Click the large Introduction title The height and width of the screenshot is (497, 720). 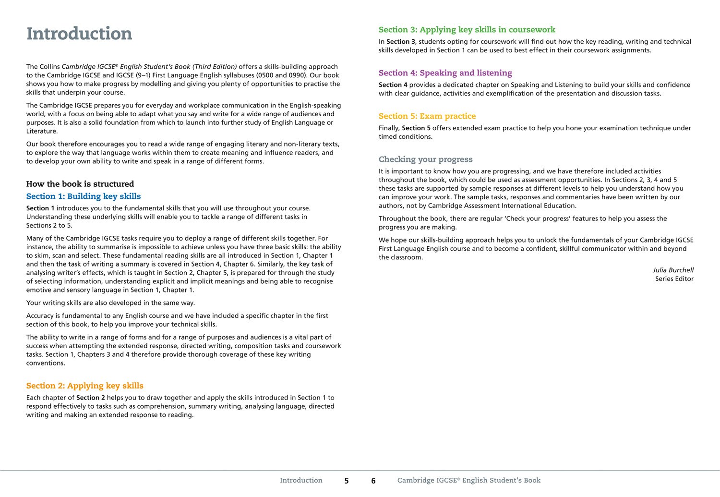point(79,34)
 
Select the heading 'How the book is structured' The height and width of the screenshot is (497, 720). point(80,184)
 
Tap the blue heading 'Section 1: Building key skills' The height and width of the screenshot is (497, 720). point(84,196)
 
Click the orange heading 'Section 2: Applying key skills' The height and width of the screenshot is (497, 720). point(85,386)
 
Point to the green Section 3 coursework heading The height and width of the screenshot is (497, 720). point(467,30)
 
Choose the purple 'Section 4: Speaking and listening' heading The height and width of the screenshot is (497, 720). point(445,73)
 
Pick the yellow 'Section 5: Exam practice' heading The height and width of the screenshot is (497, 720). point(427,116)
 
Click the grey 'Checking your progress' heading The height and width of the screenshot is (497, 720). point(425,159)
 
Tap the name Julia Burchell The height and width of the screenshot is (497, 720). point(673,270)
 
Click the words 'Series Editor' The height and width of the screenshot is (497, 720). point(674,279)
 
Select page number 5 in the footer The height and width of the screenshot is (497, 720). point(347,481)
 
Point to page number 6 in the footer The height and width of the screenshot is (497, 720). point(373,481)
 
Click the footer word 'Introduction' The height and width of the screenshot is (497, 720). point(301,480)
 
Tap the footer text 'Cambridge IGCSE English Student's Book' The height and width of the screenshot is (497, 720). point(468,480)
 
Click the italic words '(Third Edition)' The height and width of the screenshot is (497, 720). point(215,67)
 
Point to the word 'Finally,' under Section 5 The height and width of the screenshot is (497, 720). point(389,128)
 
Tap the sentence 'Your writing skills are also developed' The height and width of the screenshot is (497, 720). point(110,303)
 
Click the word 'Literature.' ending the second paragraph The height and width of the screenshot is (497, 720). point(42,131)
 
